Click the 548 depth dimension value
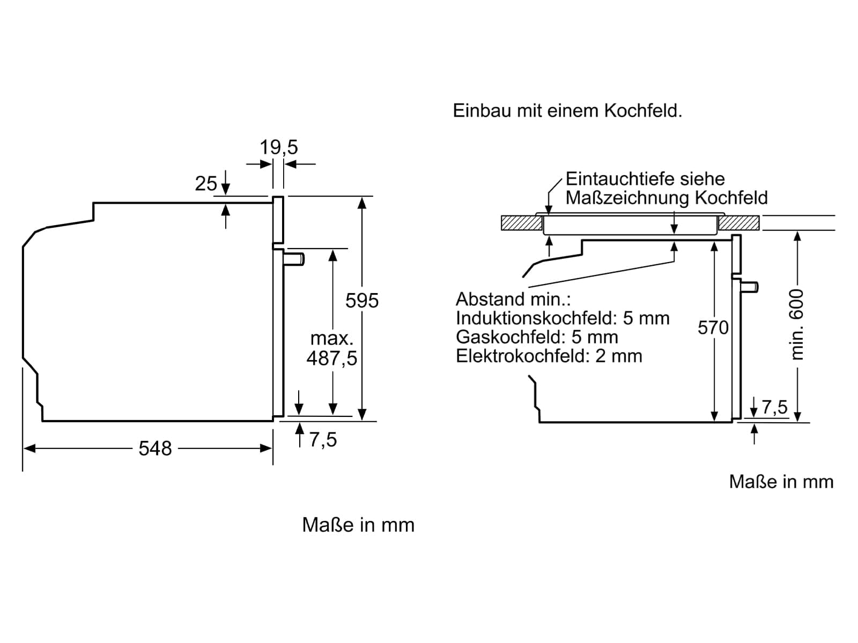(155, 448)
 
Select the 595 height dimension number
(362, 301)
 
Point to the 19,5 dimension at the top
(279, 147)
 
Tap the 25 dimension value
(206, 183)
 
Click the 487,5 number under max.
(332, 358)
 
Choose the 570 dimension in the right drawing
(713, 327)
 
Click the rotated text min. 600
(797, 325)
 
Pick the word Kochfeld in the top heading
(643, 111)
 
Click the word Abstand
(491, 300)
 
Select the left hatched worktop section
(522, 223)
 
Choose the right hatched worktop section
(739, 223)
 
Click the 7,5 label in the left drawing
(323, 440)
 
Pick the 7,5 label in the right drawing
(775, 407)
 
